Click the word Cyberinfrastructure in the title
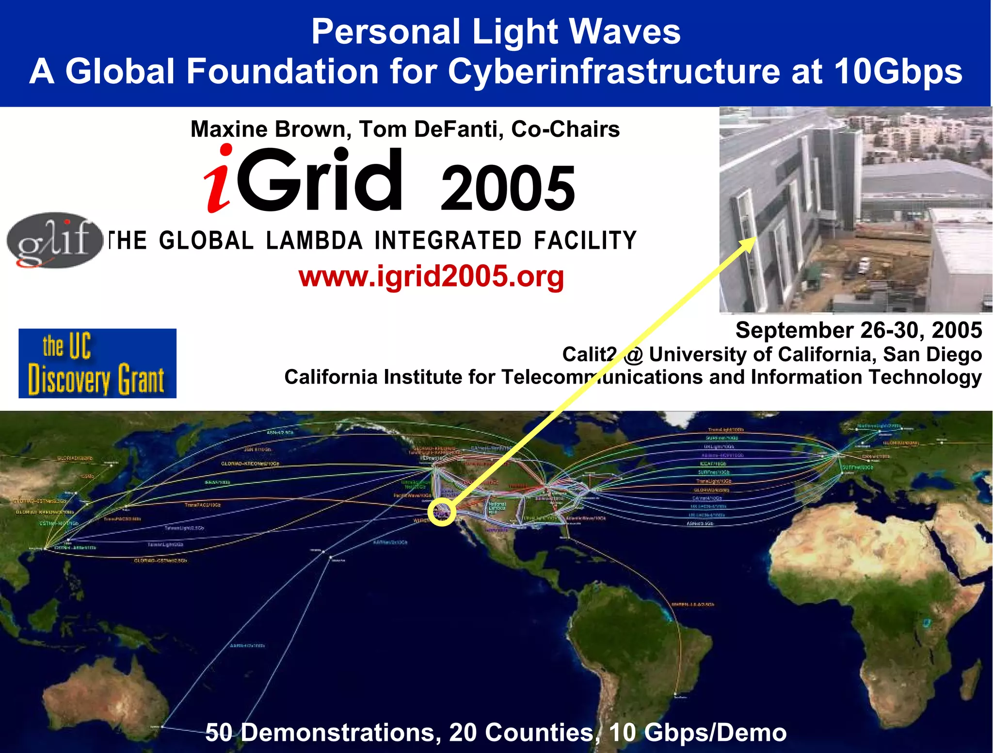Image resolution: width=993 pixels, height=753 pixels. pos(615,72)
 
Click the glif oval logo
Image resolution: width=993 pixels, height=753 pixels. pos(54,240)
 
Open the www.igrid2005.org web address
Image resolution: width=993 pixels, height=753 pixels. pos(431,276)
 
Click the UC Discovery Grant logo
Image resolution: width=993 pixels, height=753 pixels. pos(97,363)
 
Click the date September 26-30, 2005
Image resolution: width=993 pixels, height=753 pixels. pos(858,330)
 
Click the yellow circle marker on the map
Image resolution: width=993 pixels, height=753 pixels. pos(442,512)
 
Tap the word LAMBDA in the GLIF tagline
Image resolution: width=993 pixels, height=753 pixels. pos(314,241)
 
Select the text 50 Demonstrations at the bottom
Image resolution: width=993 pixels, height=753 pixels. pos(323,732)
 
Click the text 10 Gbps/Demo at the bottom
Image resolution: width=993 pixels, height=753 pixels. pos(697,732)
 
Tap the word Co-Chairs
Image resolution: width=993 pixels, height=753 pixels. pos(565,129)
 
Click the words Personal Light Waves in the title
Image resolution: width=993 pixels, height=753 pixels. pos(496,32)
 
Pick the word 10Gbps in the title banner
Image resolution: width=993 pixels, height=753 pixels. pos(898,72)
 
